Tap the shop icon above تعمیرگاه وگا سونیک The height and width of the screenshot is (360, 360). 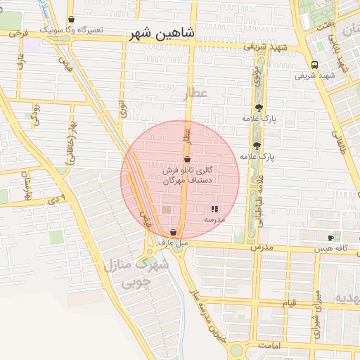pos(71,20)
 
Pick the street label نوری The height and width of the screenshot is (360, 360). pos(123,109)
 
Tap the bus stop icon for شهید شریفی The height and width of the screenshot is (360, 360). pos(314,64)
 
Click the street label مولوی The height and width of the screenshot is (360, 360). pos(259,77)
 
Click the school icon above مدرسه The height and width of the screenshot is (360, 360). pos(214,209)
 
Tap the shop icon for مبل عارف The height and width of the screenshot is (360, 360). pos(173,232)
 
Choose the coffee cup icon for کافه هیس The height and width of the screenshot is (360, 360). pos(331,238)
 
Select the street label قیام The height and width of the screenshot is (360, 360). pos(290,303)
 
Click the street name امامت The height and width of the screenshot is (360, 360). pos(269,347)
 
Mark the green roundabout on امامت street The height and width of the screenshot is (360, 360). pos(236,349)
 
